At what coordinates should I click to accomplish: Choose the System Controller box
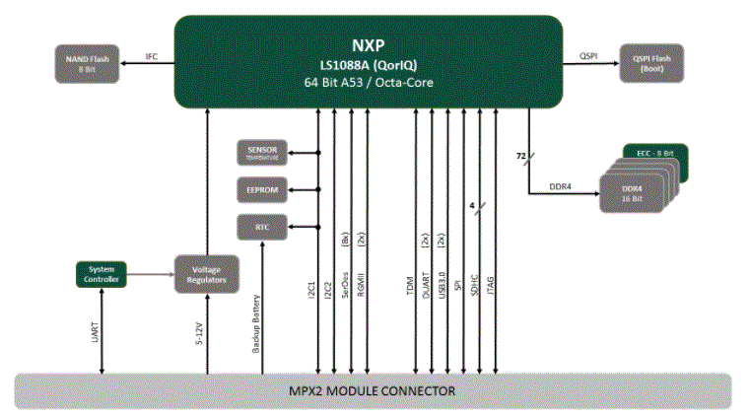click(102, 273)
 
